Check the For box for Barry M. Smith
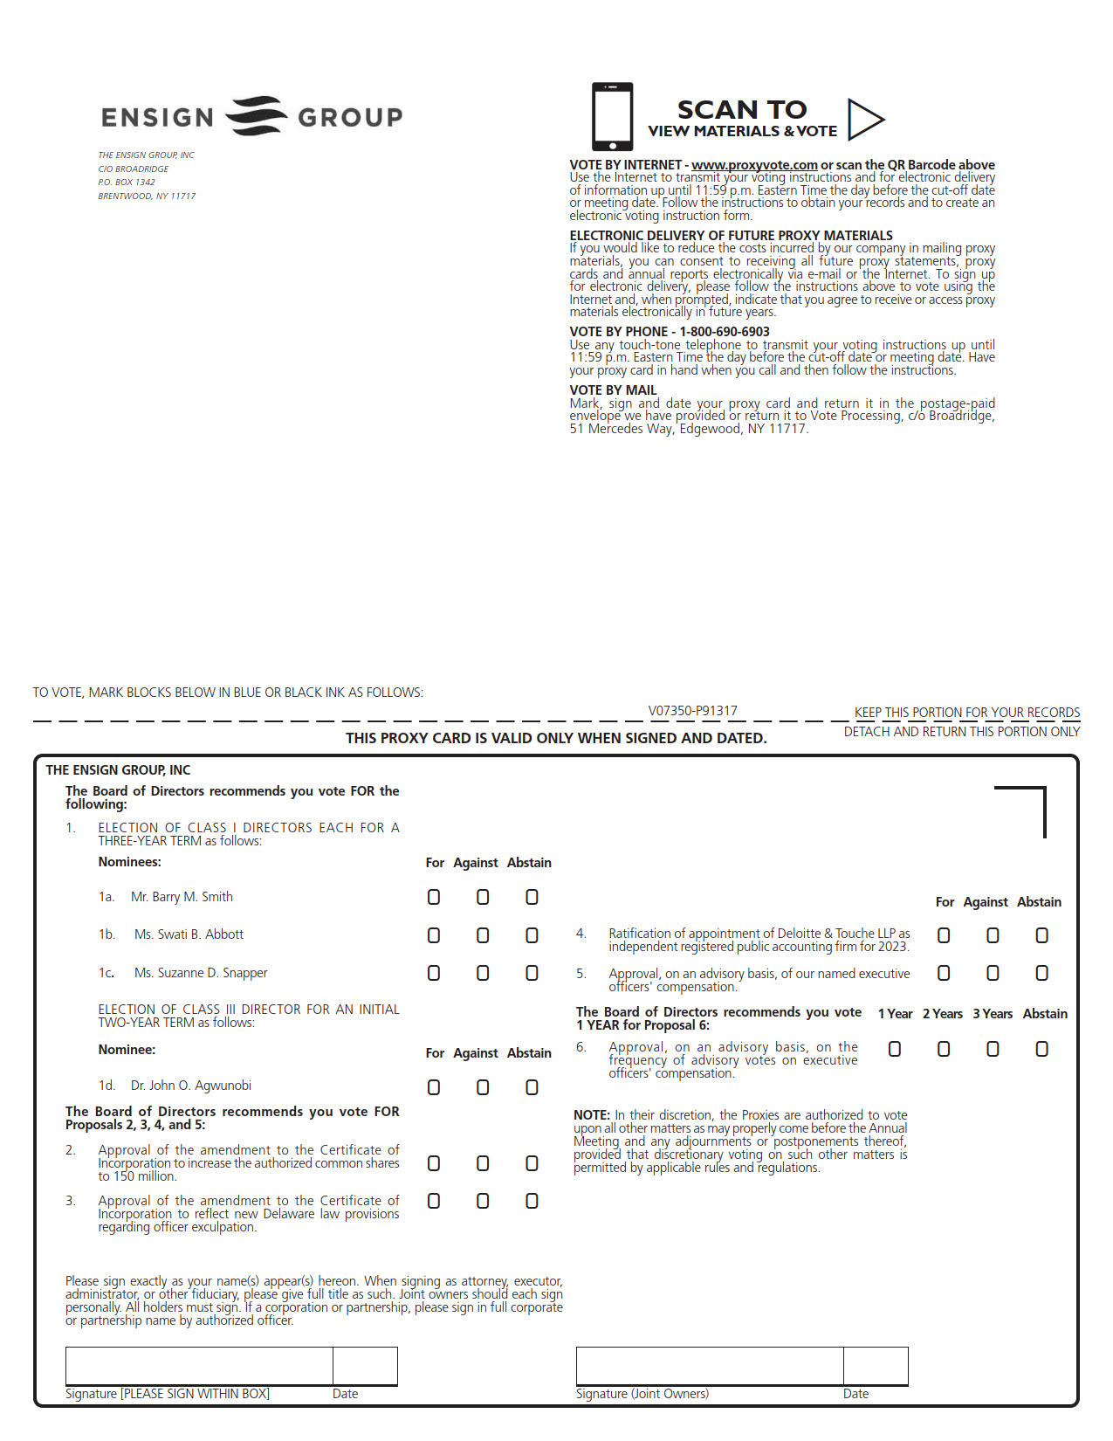(434, 897)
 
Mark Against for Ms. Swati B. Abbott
(483, 935)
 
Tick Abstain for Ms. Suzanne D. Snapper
(532, 973)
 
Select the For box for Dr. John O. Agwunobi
(434, 1087)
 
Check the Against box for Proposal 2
(483, 1163)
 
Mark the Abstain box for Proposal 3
(532, 1201)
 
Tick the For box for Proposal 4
(944, 935)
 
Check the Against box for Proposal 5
(993, 973)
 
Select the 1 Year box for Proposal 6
(895, 1049)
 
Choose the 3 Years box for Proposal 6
(993, 1049)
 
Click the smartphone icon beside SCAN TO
(612, 117)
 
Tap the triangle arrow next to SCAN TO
(864, 120)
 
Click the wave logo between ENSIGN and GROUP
(256, 116)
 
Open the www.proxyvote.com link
(754, 165)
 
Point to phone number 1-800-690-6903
(725, 332)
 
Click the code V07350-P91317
(692, 711)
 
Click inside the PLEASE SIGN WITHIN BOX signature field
(199, 1366)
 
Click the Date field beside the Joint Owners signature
(876, 1366)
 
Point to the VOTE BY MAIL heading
(613, 390)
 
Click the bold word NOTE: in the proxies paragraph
(591, 1115)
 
